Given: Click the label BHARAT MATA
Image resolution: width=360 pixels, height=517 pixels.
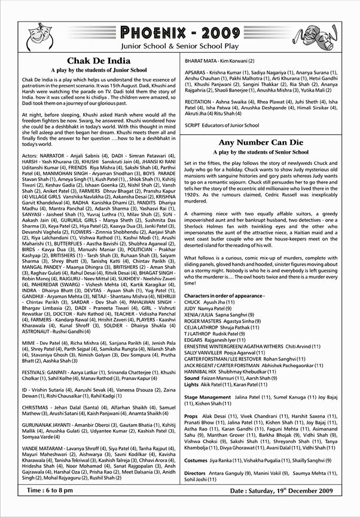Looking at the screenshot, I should pyautogui.click(x=203, y=61).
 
